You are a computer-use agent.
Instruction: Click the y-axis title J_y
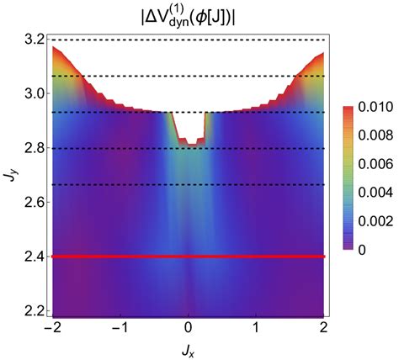point(9,174)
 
